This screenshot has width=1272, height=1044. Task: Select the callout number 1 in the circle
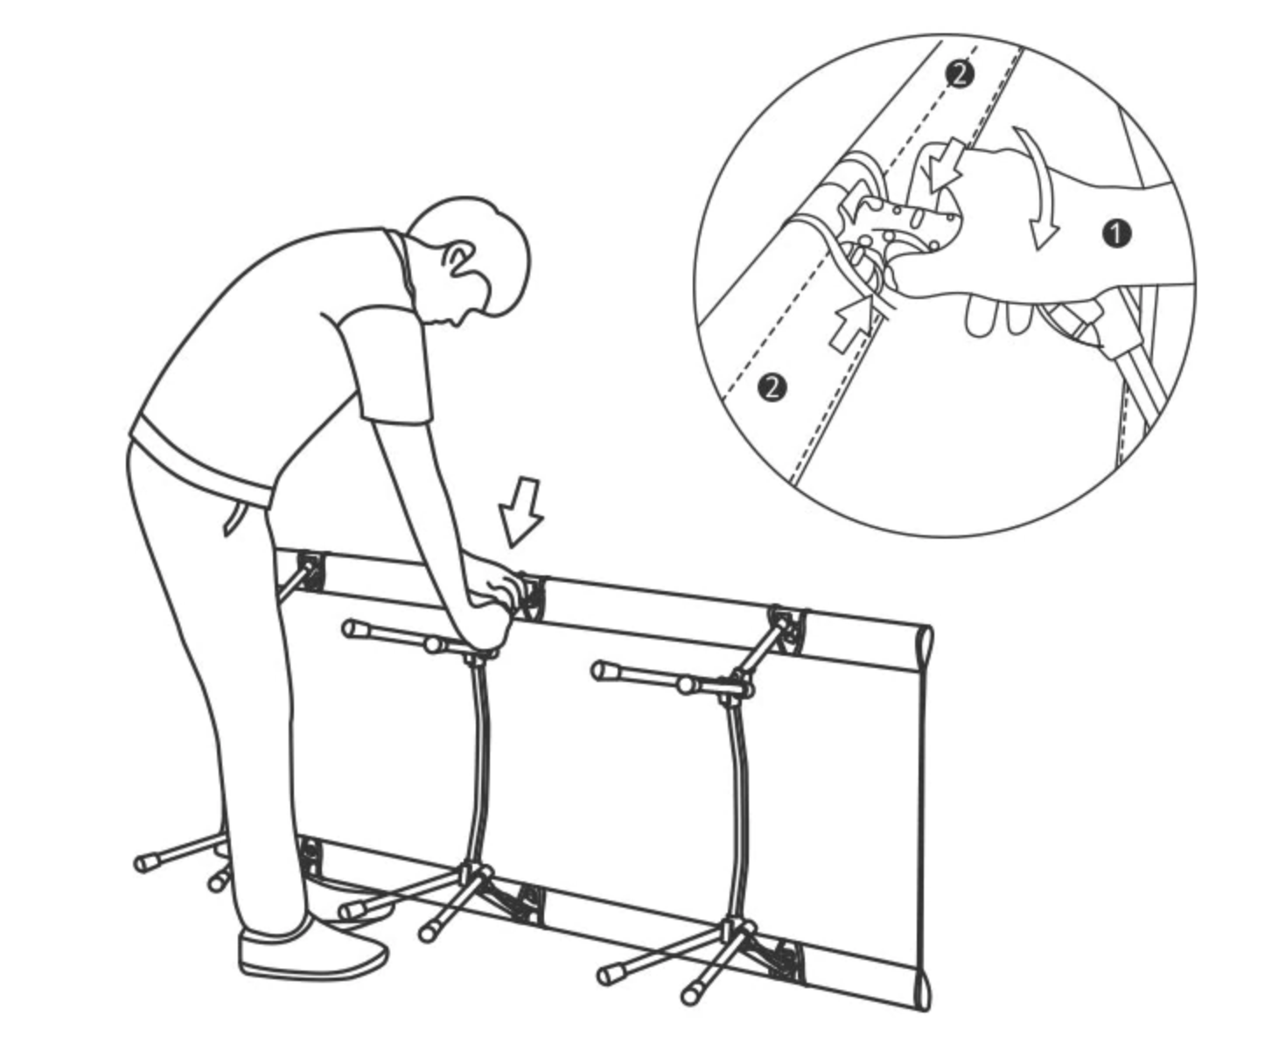coord(1116,233)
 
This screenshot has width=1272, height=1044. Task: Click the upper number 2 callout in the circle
coord(960,74)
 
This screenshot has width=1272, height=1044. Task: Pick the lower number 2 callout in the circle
coord(772,386)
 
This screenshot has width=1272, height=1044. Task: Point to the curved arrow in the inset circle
coord(1034,187)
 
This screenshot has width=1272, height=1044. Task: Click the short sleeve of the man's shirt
coord(386,368)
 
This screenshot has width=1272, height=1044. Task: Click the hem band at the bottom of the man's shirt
coord(199,461)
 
